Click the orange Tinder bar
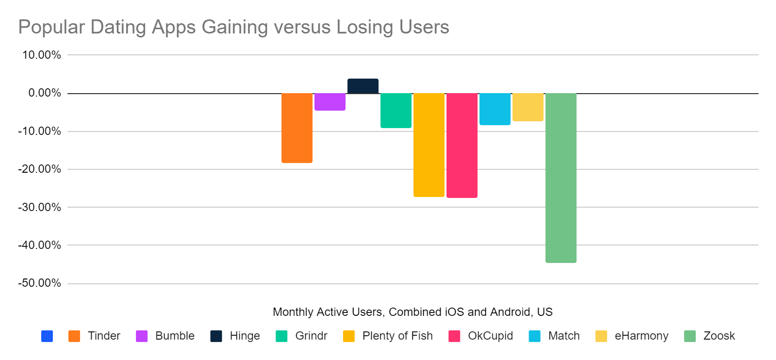tap(297, 128)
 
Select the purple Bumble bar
tap(330, 101)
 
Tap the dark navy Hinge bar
tap(363, 86)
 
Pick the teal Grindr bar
tap(396, 110)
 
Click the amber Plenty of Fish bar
tap(429, 145)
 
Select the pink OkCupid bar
tap(462, 145)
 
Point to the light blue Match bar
tap(495, 109)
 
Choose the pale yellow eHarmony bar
tap(528, 107)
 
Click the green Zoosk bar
tap(561, 178)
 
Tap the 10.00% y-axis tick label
tap(42, 55)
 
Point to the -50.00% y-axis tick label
tap(40, 283)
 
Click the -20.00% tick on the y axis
tap(40, 169)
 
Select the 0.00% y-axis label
tap(44, 93)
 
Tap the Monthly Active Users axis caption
tap(413, 312)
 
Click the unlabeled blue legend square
tap(47, 336)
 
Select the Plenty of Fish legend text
tap(397, 336)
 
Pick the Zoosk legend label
tap(719, 336)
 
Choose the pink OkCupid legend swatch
tap(454, 336)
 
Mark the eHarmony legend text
tap(641, 336)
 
